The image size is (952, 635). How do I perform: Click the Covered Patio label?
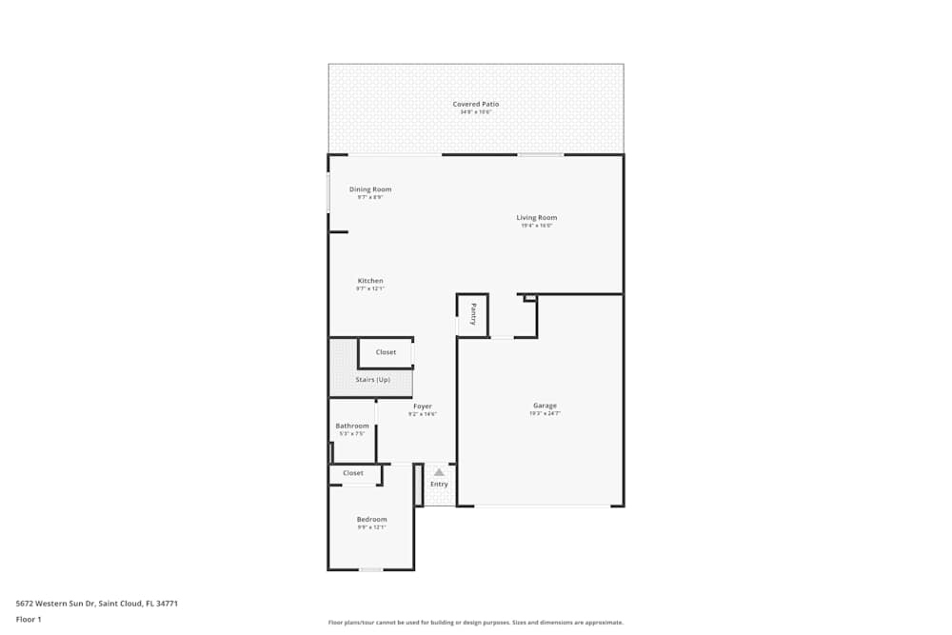475,104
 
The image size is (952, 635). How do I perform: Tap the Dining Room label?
370,189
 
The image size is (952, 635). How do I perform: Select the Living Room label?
537,218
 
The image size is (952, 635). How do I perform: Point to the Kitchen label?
370,281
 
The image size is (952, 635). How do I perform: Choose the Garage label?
545,406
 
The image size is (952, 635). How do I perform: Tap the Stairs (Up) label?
372,380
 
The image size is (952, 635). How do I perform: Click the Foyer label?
423,407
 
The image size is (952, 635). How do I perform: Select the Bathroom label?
352,426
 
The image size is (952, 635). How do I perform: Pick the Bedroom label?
371,519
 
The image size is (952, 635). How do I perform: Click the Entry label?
439,485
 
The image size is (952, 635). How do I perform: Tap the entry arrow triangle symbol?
439,471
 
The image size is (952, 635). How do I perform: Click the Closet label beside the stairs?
386,352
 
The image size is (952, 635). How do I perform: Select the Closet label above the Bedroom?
353,473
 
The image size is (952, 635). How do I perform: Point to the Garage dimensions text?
545,414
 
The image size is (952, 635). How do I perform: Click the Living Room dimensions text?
537,227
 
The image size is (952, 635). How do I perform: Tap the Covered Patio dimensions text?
475,112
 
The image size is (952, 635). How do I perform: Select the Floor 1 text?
29,619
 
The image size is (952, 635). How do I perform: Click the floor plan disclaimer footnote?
476,623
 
